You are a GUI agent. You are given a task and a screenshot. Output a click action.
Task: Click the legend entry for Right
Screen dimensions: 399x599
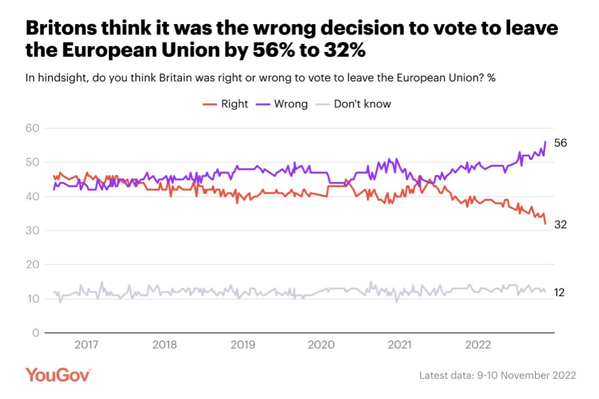(x=226, y=104)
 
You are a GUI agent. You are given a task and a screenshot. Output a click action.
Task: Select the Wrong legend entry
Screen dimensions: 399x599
(x=283, y=104)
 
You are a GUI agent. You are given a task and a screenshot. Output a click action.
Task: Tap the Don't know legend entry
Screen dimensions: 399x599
(x=354, y=104)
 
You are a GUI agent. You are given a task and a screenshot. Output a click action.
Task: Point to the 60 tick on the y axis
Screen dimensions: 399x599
(x=32, y=128)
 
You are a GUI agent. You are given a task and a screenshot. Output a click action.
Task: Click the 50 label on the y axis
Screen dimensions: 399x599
(x=32, y=163)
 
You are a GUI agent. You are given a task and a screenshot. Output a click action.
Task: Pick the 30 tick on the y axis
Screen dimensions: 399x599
(x=32, y=231)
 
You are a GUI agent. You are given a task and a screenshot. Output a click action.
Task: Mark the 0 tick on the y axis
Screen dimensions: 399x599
(x=35, y=333)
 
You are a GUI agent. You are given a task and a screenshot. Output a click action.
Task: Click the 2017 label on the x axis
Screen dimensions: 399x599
(x=86, y=345)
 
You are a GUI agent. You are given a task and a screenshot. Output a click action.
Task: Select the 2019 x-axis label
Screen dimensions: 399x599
(x=243, y=345)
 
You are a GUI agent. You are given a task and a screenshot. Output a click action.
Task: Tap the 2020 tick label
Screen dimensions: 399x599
(x=321, y=345)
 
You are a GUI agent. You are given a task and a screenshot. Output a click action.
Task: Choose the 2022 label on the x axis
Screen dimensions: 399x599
(x=478, y=345)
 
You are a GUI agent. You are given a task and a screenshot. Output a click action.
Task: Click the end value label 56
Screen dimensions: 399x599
(x=560, y=143)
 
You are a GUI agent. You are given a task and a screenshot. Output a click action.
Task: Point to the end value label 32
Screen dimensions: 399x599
(x=560, y=225)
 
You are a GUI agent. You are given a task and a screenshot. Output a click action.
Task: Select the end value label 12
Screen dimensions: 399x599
(x=559, y=293)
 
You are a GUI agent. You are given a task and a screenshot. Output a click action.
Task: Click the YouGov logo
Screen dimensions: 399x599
(x=58, y=375)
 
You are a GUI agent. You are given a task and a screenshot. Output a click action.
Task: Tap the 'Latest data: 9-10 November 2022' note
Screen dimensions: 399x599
(x=497, y=375)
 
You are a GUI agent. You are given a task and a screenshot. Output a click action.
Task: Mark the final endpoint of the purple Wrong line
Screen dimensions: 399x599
(x=545, y=142)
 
